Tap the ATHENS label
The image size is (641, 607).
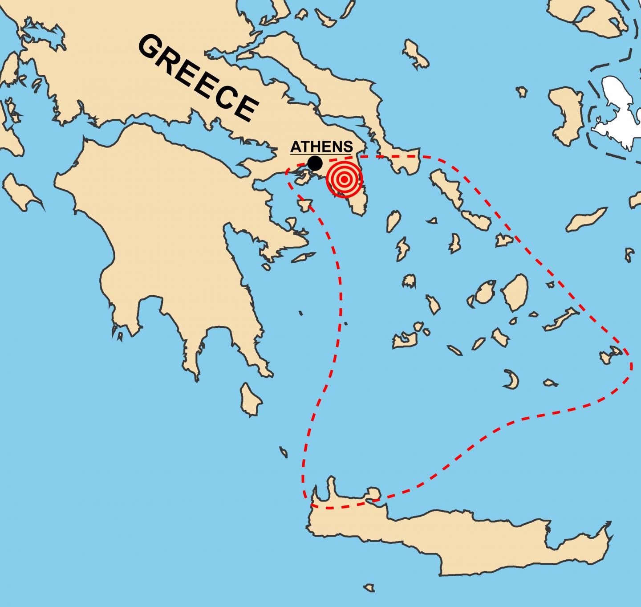[321, 147]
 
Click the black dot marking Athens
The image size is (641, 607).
[315, 163]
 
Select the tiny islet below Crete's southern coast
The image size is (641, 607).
[368, 588]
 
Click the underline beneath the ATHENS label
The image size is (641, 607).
[321, 154]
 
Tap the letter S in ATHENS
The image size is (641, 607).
[348, 147]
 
